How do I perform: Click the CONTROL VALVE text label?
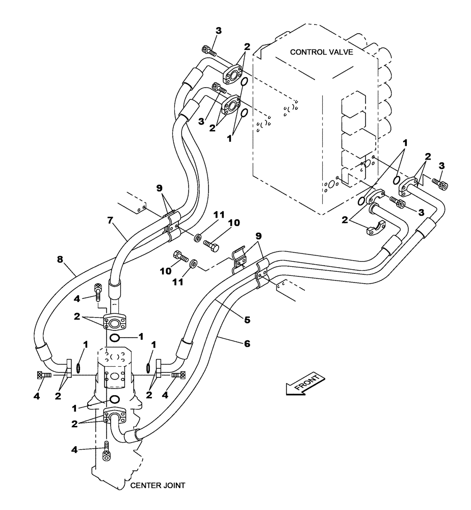[x=321, y=52]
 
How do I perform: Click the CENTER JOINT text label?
[x=157, y=486]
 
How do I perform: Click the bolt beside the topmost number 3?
[x=209, y=50]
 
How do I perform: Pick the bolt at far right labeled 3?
[x=439, y=184]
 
